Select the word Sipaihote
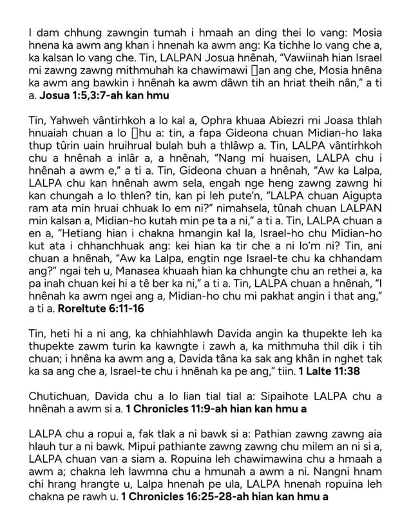pos(271,394)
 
